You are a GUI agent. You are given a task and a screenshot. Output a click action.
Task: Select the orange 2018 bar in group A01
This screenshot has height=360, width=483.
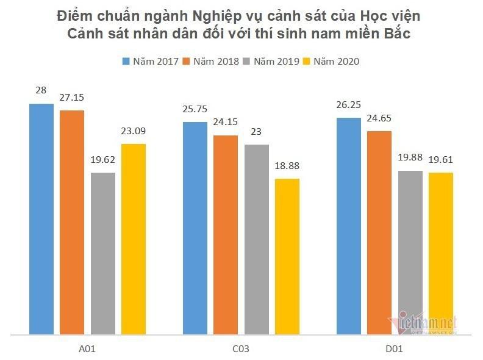(x=72, y=222)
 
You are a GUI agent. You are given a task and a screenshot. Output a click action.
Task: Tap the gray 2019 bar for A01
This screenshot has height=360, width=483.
(x=103, y=253)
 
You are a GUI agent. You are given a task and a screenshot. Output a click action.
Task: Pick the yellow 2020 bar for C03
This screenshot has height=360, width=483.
(x=287, y=256)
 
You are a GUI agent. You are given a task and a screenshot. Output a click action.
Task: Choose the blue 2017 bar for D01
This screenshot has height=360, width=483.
(x=349, y=226)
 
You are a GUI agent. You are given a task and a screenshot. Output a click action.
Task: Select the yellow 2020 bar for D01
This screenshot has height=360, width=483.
(x=441, y=253)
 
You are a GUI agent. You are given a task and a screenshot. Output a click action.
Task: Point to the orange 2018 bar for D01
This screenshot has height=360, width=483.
(x=379, y=232)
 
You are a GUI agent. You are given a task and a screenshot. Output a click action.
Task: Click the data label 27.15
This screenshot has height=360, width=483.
(x=72, y=97)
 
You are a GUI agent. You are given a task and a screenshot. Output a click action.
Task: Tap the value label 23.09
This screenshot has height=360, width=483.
(x=134, y=131)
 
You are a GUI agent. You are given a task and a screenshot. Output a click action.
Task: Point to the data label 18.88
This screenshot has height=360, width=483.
(x=287, y=165)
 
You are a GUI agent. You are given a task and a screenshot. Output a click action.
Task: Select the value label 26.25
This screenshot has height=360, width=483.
(x=349, y=104)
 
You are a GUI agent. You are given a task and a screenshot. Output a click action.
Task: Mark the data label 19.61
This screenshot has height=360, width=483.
(x=441, y=159)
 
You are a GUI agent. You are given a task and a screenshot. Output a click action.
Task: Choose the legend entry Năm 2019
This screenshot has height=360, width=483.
(x=273, y=61)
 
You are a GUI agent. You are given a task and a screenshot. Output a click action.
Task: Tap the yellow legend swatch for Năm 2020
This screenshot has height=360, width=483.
(x=307, y=61)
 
